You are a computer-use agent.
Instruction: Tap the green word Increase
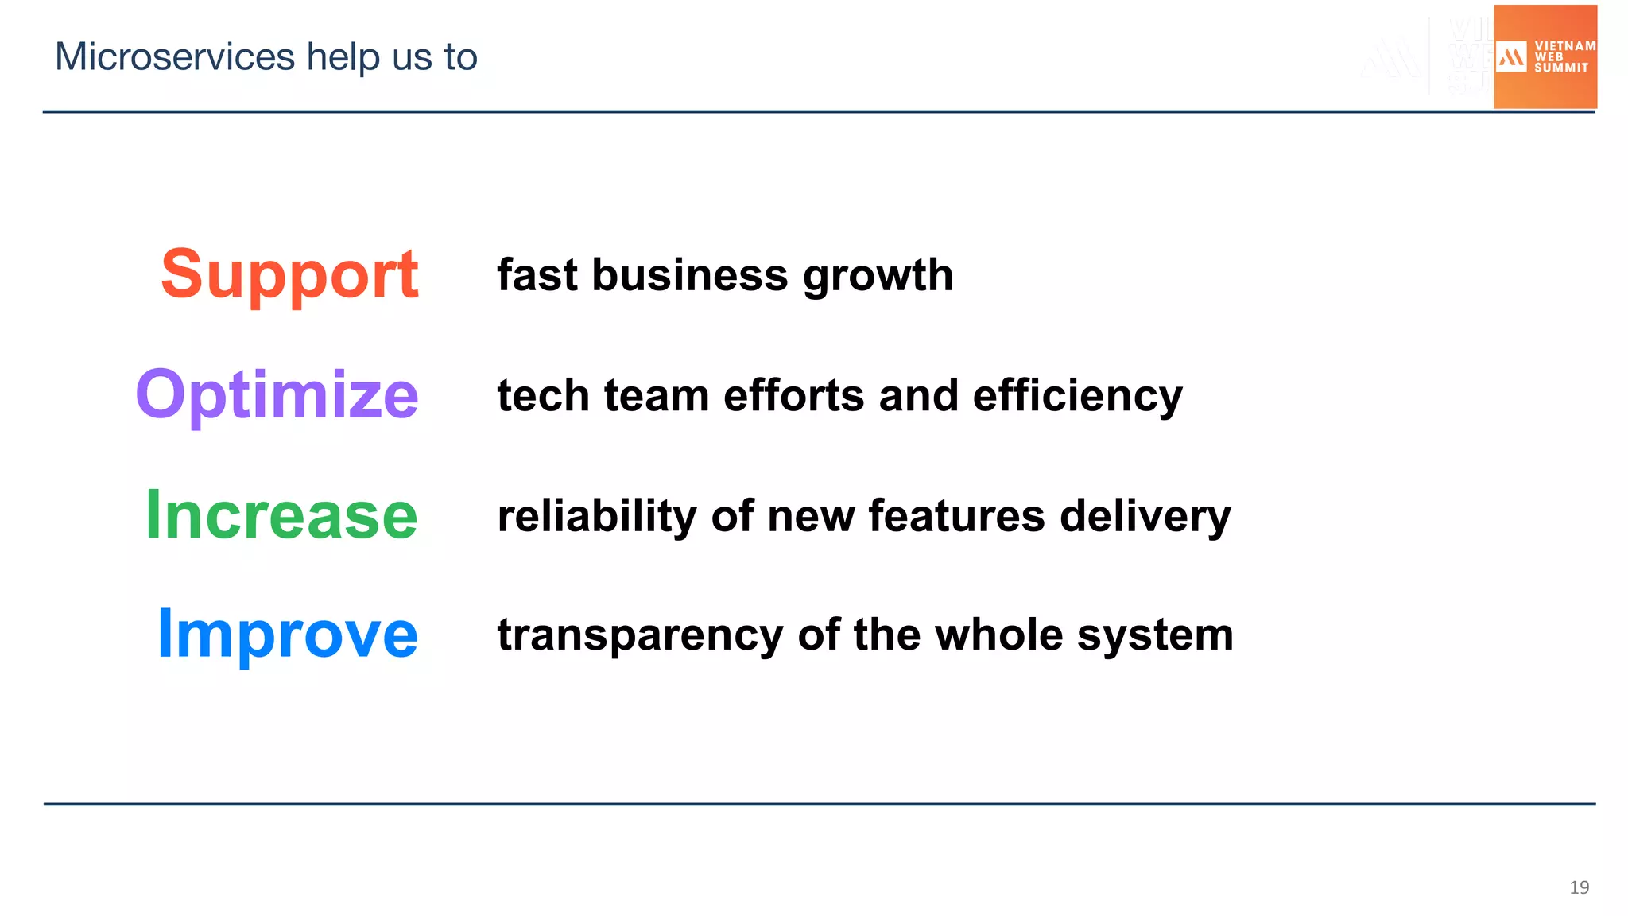tap(281, 515)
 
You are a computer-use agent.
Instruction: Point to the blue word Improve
tap(287, 634)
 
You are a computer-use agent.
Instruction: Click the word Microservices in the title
tap(175, 57)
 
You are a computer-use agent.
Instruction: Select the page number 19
tap(1579, 887)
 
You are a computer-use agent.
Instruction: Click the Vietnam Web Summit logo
tap(1545, 57)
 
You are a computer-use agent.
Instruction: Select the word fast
tap(537, 275)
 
